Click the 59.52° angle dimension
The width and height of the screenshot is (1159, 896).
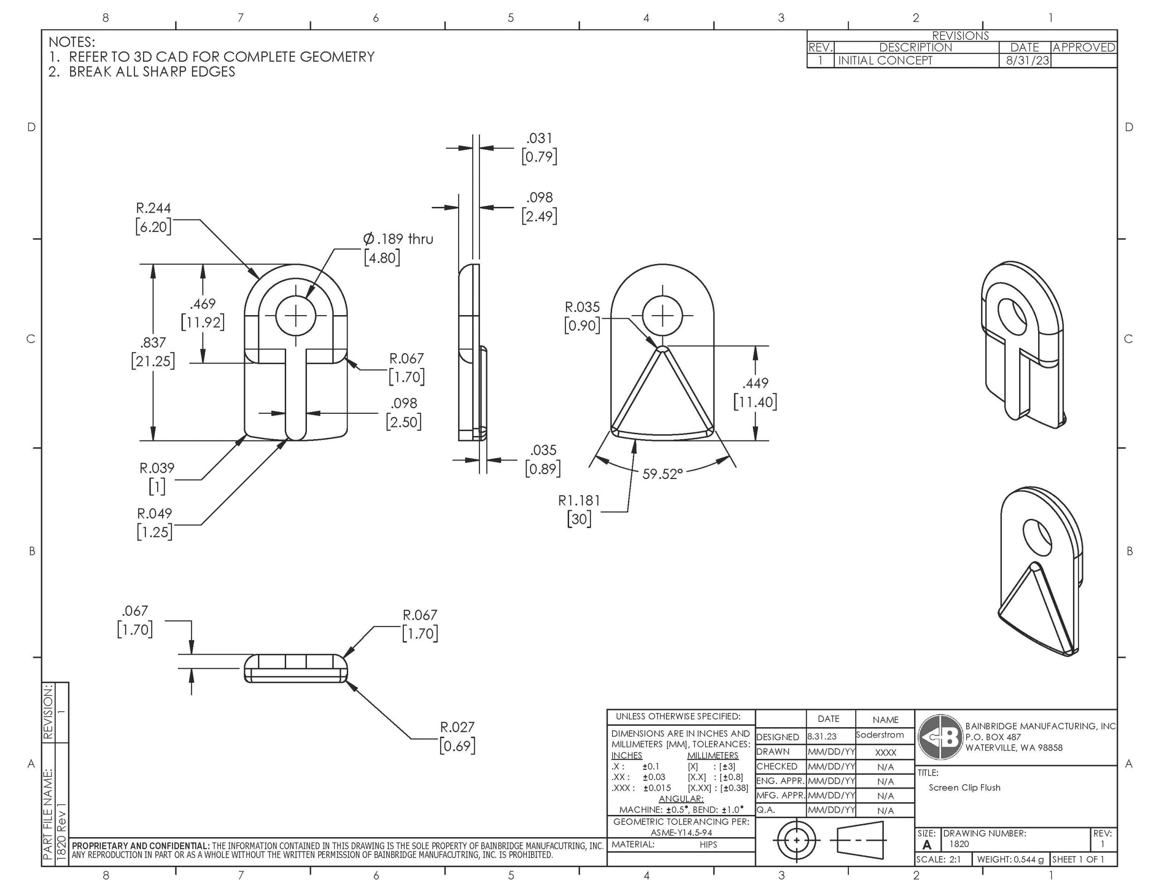(x=662, y=474)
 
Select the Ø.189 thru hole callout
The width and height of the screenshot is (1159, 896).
(x=398, y=240)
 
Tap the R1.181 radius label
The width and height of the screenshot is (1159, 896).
(x=579, y=501)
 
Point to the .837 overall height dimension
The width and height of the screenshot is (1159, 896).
(x=153, y=343)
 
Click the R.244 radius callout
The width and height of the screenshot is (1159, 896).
(x=153, y=208)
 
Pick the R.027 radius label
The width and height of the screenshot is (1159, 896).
(x=457, y=727)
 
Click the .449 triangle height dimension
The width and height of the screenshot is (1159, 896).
(x=755, y=383)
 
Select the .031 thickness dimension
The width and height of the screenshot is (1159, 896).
(x=539, y=139)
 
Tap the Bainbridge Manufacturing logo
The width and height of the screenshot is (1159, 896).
(x=940, y=737)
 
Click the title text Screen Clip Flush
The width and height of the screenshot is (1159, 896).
(x=964, y=788)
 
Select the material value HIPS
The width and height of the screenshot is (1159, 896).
(x=708, y=844)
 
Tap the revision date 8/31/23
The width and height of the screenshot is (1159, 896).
(x=1027, y=61)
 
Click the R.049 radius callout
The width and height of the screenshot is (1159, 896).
(x=154, y=513)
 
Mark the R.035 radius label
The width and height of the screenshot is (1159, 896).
(x=582, y=307)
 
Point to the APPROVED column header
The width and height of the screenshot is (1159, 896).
(x=1084, y=47)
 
